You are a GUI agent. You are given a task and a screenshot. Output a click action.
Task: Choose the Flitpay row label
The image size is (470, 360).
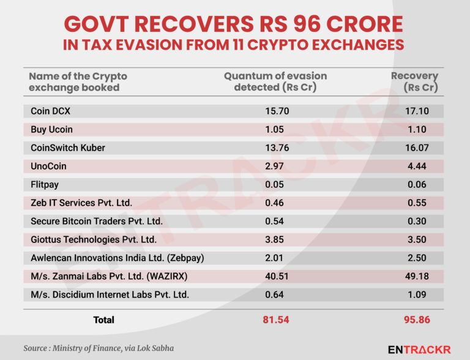[x=45, y=184]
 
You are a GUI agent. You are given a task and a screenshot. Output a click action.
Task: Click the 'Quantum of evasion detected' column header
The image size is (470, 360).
[x=275, y=81]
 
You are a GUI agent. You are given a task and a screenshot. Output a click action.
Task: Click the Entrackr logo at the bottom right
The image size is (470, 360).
[x=419, y=349]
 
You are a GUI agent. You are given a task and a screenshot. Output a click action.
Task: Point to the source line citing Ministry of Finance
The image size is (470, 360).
[x=99, y=348]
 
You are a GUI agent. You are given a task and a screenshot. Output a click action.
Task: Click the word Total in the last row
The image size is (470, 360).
[x=103, y=320]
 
